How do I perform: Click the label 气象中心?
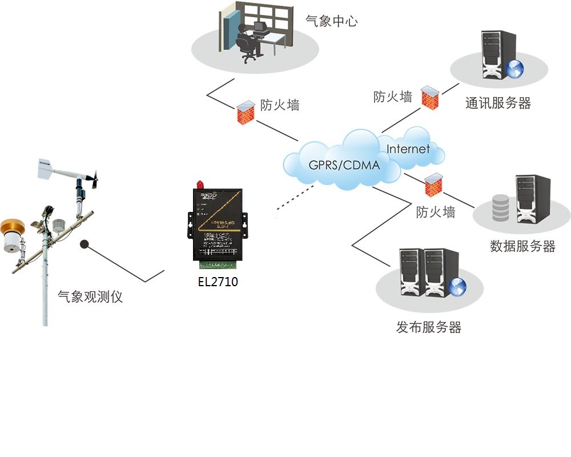(332, 22)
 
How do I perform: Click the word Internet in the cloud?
(408, 149)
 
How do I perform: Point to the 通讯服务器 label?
(498, 103)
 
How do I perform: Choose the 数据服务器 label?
(522, 246)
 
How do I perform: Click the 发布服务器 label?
(429, 327)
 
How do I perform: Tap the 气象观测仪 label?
(90, 297)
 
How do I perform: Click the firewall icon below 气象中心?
(246, 112)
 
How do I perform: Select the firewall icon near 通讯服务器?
(430, 97)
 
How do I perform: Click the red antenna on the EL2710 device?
(200, 185)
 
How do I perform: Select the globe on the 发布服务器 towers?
(457, 286)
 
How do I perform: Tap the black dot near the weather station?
(86, 244)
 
